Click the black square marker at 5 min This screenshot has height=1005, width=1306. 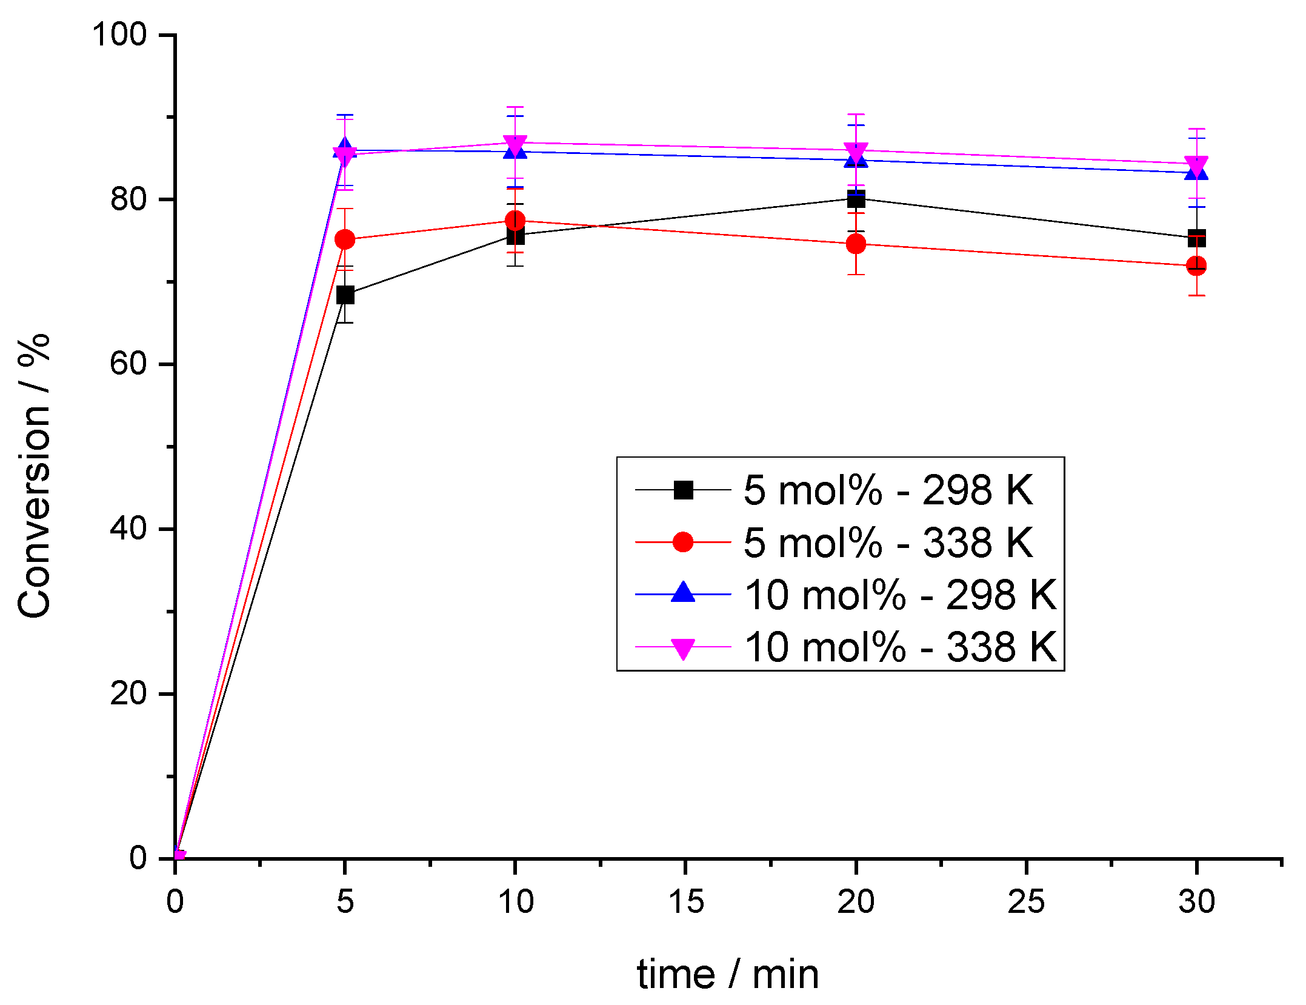coord(345,295)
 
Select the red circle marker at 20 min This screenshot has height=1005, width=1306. coord(856,244)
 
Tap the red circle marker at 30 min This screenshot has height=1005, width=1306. coord(1196,266)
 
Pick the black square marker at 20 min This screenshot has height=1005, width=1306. coord(856,198)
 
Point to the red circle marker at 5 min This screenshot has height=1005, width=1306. coord(345,239)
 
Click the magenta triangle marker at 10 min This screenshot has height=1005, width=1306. coord(515,145)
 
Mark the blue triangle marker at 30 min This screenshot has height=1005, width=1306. coord(1196,173)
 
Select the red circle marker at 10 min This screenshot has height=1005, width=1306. coord(515,220)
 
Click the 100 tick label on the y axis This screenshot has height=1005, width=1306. coord(119,35)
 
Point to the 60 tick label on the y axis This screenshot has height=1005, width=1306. coord(129,364)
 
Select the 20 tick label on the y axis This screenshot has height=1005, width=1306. coord(129,693)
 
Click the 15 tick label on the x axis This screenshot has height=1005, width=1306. coord(685,902)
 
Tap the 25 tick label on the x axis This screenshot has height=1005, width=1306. coord(1026,902)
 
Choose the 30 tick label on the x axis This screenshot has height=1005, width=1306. coord(1196,902)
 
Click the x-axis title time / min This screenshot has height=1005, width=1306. coord(727,975)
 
